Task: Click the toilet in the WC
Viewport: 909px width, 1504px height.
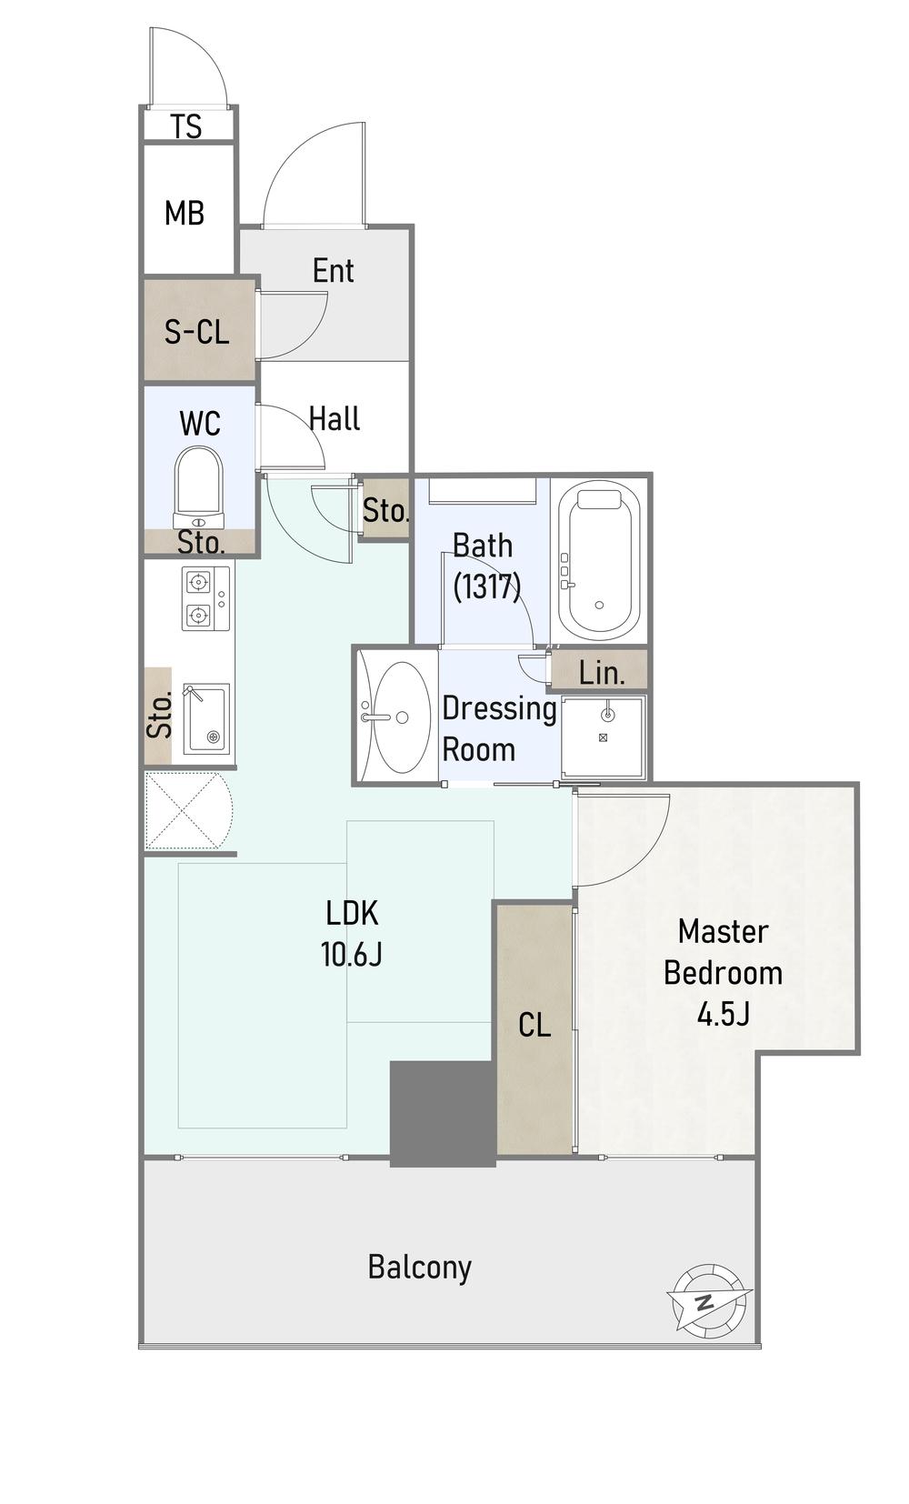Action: click(198, 487)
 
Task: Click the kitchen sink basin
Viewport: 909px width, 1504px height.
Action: click(206, 717)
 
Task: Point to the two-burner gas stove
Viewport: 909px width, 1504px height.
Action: click(206, 598)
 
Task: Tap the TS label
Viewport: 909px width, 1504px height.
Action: click(186, 126)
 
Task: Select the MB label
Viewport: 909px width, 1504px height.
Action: click(185, 214)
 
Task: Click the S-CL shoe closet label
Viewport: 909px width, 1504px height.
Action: click(196, 332)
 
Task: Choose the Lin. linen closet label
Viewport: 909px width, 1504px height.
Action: click(602, 673)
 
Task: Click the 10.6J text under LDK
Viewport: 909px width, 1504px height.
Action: click(351, 954)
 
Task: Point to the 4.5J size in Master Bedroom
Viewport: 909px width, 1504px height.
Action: click(723, 1015)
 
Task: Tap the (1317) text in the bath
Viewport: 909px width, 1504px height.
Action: click(486, 587)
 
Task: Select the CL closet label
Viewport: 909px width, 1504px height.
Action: click(534, 1025)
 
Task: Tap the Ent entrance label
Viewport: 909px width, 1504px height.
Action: click(333, 271)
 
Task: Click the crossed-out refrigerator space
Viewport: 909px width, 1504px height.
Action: click(189, 811)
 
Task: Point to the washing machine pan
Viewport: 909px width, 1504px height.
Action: click(603, 737)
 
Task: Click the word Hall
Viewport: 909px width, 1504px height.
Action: click(335, 418)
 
